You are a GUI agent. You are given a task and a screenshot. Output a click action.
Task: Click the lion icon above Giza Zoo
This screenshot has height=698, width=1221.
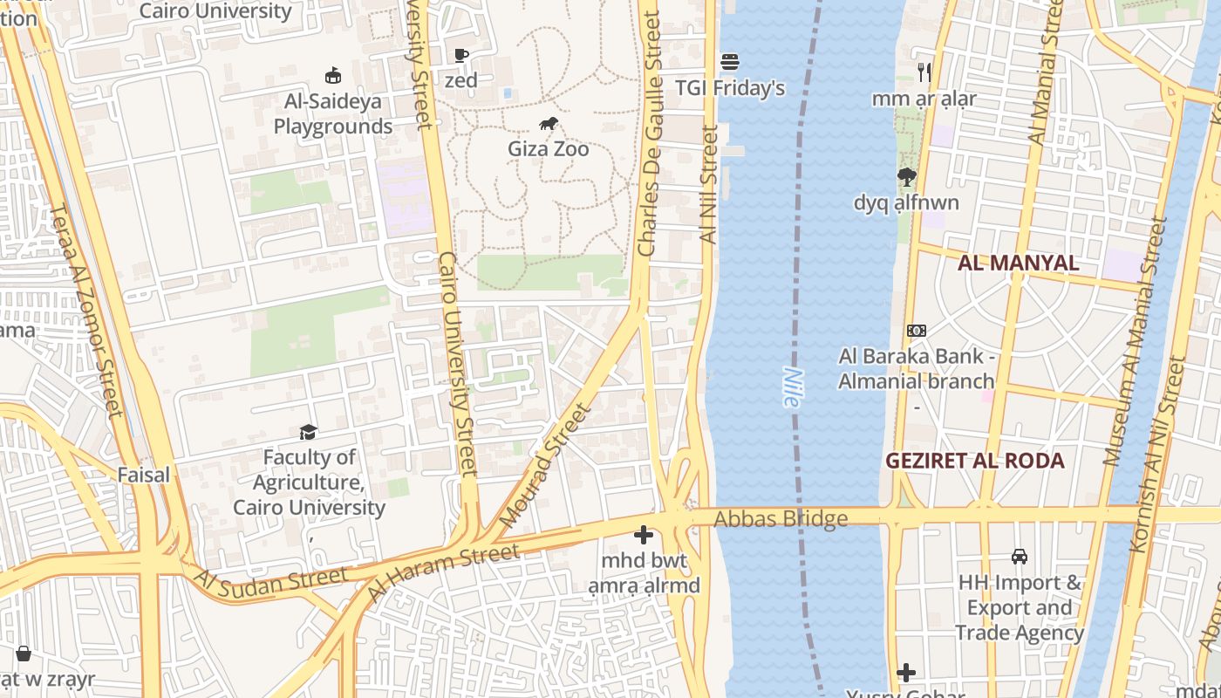548,124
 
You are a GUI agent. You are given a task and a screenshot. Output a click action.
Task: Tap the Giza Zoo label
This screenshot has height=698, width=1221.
548,149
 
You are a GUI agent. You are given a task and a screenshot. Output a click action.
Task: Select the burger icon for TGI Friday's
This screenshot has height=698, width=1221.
730,62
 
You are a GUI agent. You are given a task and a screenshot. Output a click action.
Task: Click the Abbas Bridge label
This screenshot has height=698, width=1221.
781,519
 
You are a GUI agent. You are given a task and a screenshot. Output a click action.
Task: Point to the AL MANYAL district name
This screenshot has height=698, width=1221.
1018,263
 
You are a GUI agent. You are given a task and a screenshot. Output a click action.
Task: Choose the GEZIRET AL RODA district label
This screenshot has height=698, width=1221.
974,461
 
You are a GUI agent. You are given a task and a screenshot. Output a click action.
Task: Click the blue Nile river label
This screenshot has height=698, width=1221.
791,387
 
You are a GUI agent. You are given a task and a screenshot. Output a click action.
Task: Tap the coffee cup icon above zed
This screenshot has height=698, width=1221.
461,56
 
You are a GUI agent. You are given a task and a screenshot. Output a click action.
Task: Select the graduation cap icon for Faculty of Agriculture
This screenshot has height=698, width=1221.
308,432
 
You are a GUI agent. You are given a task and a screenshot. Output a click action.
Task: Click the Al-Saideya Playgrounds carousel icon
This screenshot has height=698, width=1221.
332,76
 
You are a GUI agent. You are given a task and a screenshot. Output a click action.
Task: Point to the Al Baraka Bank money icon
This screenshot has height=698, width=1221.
916,331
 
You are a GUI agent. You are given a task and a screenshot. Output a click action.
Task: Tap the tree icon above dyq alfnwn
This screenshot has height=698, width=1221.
906,177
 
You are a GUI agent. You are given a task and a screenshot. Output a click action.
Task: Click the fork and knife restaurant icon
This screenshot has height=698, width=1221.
924,72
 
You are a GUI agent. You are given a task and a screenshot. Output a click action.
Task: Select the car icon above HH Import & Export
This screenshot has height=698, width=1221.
1019,556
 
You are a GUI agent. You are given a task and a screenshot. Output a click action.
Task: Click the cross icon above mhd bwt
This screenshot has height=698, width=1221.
644,535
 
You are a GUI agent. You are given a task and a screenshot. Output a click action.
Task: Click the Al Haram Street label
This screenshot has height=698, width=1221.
443,571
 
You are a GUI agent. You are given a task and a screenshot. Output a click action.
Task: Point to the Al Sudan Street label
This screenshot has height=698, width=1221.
270,580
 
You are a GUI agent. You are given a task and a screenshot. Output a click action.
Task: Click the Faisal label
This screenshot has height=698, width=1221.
144,476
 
